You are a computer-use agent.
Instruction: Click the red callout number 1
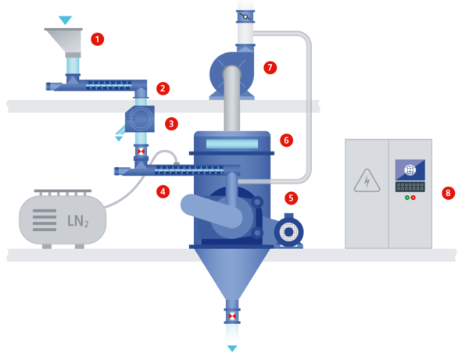(97, 39)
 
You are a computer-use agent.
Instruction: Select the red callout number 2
(163, 88)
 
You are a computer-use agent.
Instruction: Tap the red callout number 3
(171, 123)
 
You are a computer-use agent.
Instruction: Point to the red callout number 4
(163, 191)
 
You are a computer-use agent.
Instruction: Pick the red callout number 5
(291, 198)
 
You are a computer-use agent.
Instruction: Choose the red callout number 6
(286, 140)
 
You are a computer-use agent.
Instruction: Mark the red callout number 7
(270, 67)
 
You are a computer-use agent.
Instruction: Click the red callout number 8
(448, 193)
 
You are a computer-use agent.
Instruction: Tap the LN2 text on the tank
(77, 221)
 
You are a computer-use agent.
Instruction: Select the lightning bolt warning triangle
(367, 180)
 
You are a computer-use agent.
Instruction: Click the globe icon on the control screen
(410, 169)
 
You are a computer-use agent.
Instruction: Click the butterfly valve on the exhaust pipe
(245, 16)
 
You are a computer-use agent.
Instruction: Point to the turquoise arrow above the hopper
(65, 20)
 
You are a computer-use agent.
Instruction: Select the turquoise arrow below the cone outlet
(232, 348)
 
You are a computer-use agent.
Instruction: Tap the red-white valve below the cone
(232, 316)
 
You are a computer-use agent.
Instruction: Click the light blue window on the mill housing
(232, 144)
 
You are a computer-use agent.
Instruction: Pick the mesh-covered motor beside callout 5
(288, 231)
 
